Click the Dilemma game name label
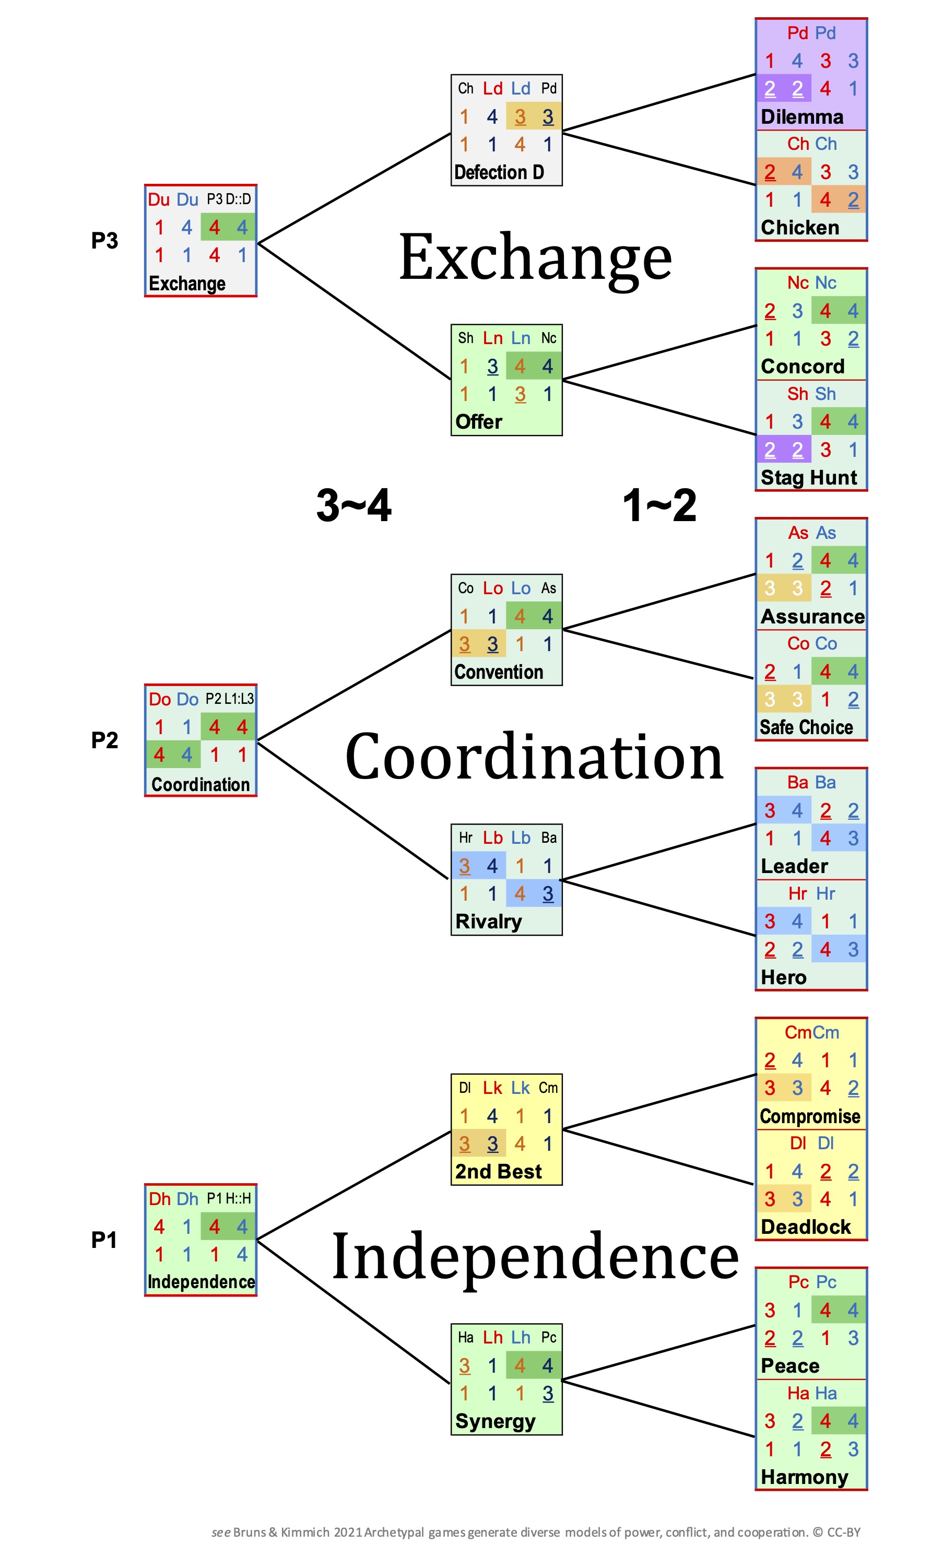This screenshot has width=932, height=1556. pyautogui.click(x=801, y=117)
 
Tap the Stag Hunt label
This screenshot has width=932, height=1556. pyautogui.click(x=808, y=477)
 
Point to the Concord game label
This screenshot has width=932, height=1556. pyautogui.click(x=802, y=366)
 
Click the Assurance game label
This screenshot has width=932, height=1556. pyautogui.click(x=812, y=616)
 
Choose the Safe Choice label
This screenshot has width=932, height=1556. pyautogui.click(x=806, y=727)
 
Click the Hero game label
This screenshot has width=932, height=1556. pyautogui.click(x=783, y=977)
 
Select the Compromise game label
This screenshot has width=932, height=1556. pyautogui.click(x=809, y=1116)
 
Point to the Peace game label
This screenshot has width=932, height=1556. pyautogui.click(x=789, y=1366)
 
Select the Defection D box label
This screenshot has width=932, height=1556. pyautogui.click(x=499, y=172)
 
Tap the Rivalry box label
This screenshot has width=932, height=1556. pyautogui.click(x=488, y=921)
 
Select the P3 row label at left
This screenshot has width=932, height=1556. pyautogui.click(x=104, y=241)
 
